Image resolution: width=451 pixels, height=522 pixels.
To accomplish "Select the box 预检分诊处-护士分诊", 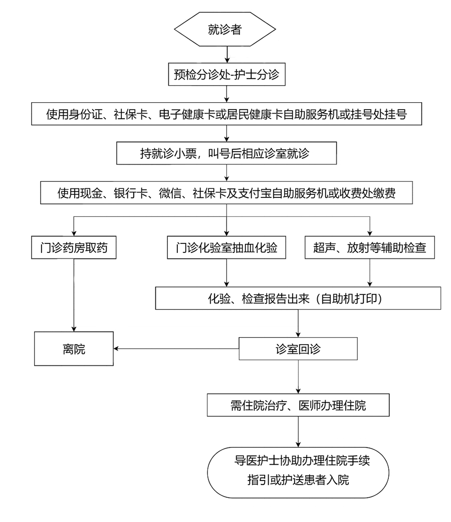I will [x=228, y=75].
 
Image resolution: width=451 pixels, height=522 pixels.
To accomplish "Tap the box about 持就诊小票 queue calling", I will [x=225, y=153].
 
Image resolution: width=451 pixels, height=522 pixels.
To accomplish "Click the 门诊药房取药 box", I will [x=74, y=247].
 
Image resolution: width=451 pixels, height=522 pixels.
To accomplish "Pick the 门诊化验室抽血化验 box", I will [x=227, y=247].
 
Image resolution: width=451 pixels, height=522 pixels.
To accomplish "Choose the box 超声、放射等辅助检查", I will [x=370, y=247].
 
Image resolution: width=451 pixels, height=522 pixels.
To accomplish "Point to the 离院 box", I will [x=74, y=349].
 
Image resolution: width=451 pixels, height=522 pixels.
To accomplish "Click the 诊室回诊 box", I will [x=299, y=349].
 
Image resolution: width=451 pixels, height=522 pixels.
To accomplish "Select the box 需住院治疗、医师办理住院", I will [x=299, y=405].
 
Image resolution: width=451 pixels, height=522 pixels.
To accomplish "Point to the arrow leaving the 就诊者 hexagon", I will [x=228, y=55].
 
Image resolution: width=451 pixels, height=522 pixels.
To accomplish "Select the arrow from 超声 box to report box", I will [x=370, y=273].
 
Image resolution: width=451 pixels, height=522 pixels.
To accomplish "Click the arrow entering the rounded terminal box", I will [x=299, y=431].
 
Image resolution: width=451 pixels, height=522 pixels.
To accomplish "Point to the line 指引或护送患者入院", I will [x=298, y=480].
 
